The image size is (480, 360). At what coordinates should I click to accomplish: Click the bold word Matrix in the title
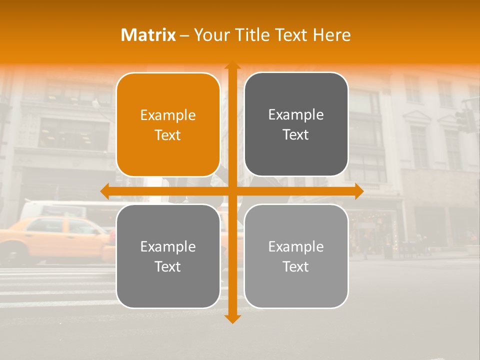click(x=148, y=35)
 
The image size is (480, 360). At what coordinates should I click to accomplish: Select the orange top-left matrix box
click(x=168, y=90)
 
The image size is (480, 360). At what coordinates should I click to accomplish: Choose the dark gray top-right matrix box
click(x=296, y=90)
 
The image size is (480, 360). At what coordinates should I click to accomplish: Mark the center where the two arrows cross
click(x=232, y=191)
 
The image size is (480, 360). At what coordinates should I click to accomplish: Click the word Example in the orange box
click(x=168, y=115)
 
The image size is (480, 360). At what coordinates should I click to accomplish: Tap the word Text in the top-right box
click(x=296, y=135)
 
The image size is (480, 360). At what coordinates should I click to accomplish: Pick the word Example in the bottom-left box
click(x=168, y=247)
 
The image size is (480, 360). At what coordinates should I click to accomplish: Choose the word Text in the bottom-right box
click(x=296, y=266)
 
